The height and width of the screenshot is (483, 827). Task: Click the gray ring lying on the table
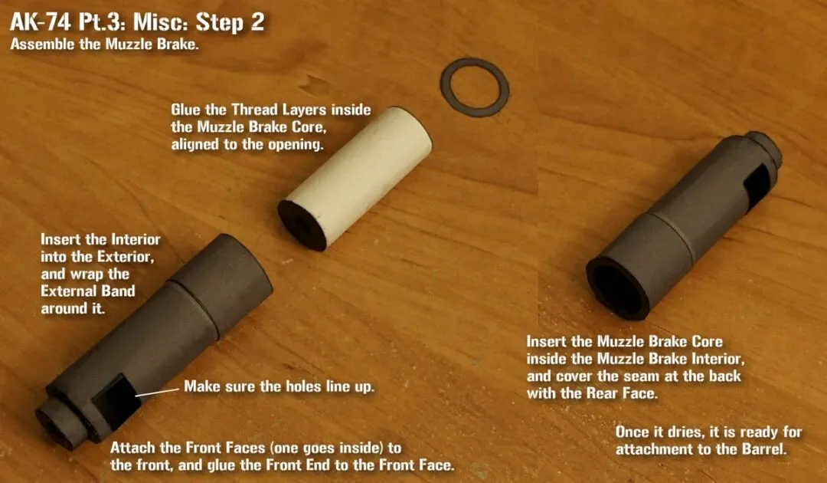[x=444, y=88]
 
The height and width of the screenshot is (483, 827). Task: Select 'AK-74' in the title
[x=41, y=23]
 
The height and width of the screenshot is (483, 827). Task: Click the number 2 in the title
[x=257, y=23]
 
